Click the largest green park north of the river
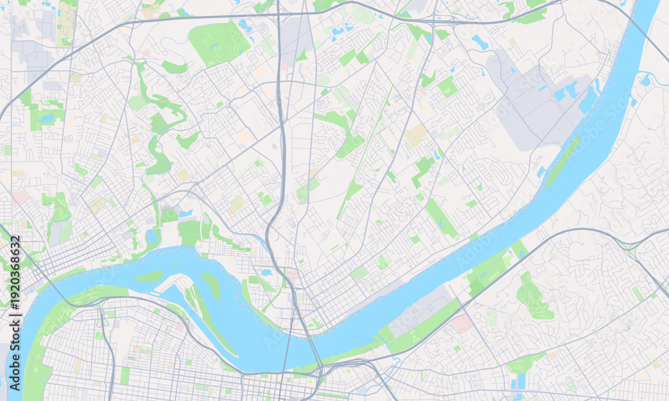pyautogui.click(x=218, y=41)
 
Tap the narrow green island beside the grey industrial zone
pyautogui.click(x=563, y=160)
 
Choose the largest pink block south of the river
pyautogui.click(x=462, y=324)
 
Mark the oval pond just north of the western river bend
pyautogui.click(x=151, y=236)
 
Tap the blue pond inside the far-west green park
pyautogui.click(x=46, y=119)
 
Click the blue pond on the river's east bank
pyautogui.click(x=646, y=80)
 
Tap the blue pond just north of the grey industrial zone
pyautogui.click(x=479, y=41)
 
